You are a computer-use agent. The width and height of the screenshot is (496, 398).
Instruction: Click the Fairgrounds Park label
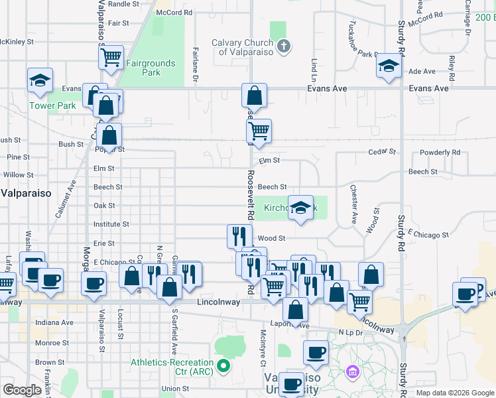tap(151, 68)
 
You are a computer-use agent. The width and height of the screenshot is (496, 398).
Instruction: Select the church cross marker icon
tap(284, 46)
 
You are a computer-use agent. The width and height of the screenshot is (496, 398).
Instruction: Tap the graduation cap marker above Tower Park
tap(40, 80)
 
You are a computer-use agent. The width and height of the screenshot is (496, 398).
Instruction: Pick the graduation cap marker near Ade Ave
tap(389, 65)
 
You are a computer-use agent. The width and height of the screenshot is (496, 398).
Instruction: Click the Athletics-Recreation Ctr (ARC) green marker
tap(224, 364)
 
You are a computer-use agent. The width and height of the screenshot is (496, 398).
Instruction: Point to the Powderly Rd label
tap(440, 153)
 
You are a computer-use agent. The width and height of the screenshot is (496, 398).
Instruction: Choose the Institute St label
tap(111, 225)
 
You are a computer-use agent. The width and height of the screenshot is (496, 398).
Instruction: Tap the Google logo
tap(22, 389)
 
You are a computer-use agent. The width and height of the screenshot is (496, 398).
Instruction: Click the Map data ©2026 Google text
tap(454, 393)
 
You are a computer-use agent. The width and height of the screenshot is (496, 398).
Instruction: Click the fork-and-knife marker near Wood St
tap(239, 235)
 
